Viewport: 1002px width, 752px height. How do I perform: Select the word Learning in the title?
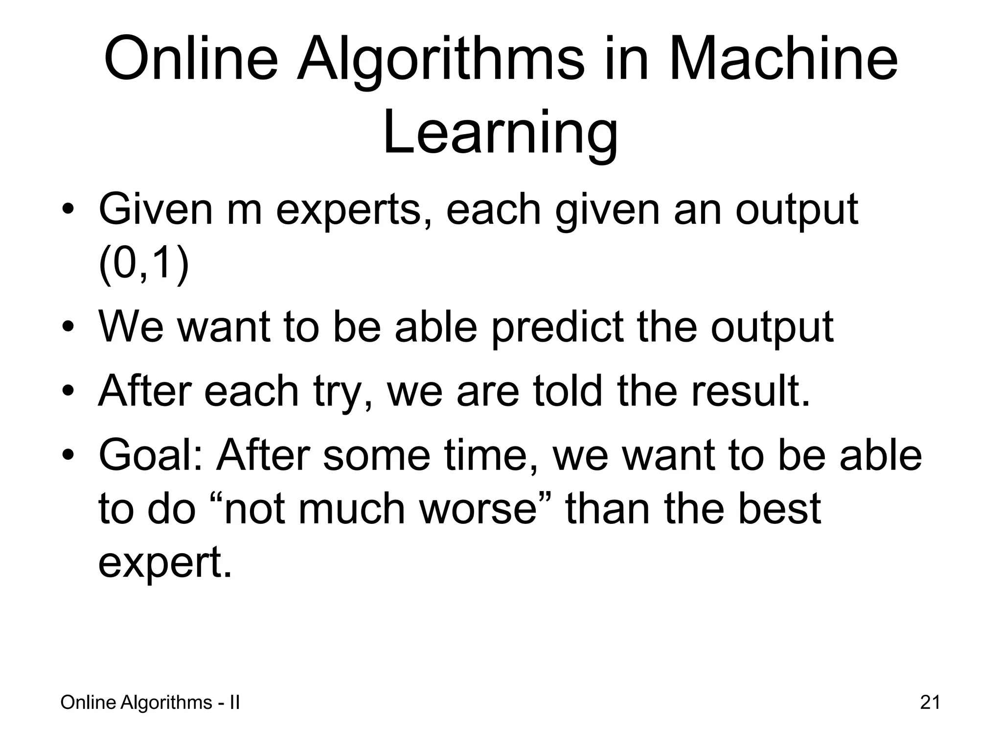(500, 133)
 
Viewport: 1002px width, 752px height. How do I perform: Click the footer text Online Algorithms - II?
(150, 703)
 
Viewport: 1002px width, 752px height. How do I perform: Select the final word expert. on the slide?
(165, 563)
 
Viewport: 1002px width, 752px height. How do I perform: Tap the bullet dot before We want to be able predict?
(68, 327)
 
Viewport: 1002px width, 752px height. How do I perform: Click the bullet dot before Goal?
(68, 455)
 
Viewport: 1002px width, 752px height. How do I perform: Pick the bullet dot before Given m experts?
(68, 210)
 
